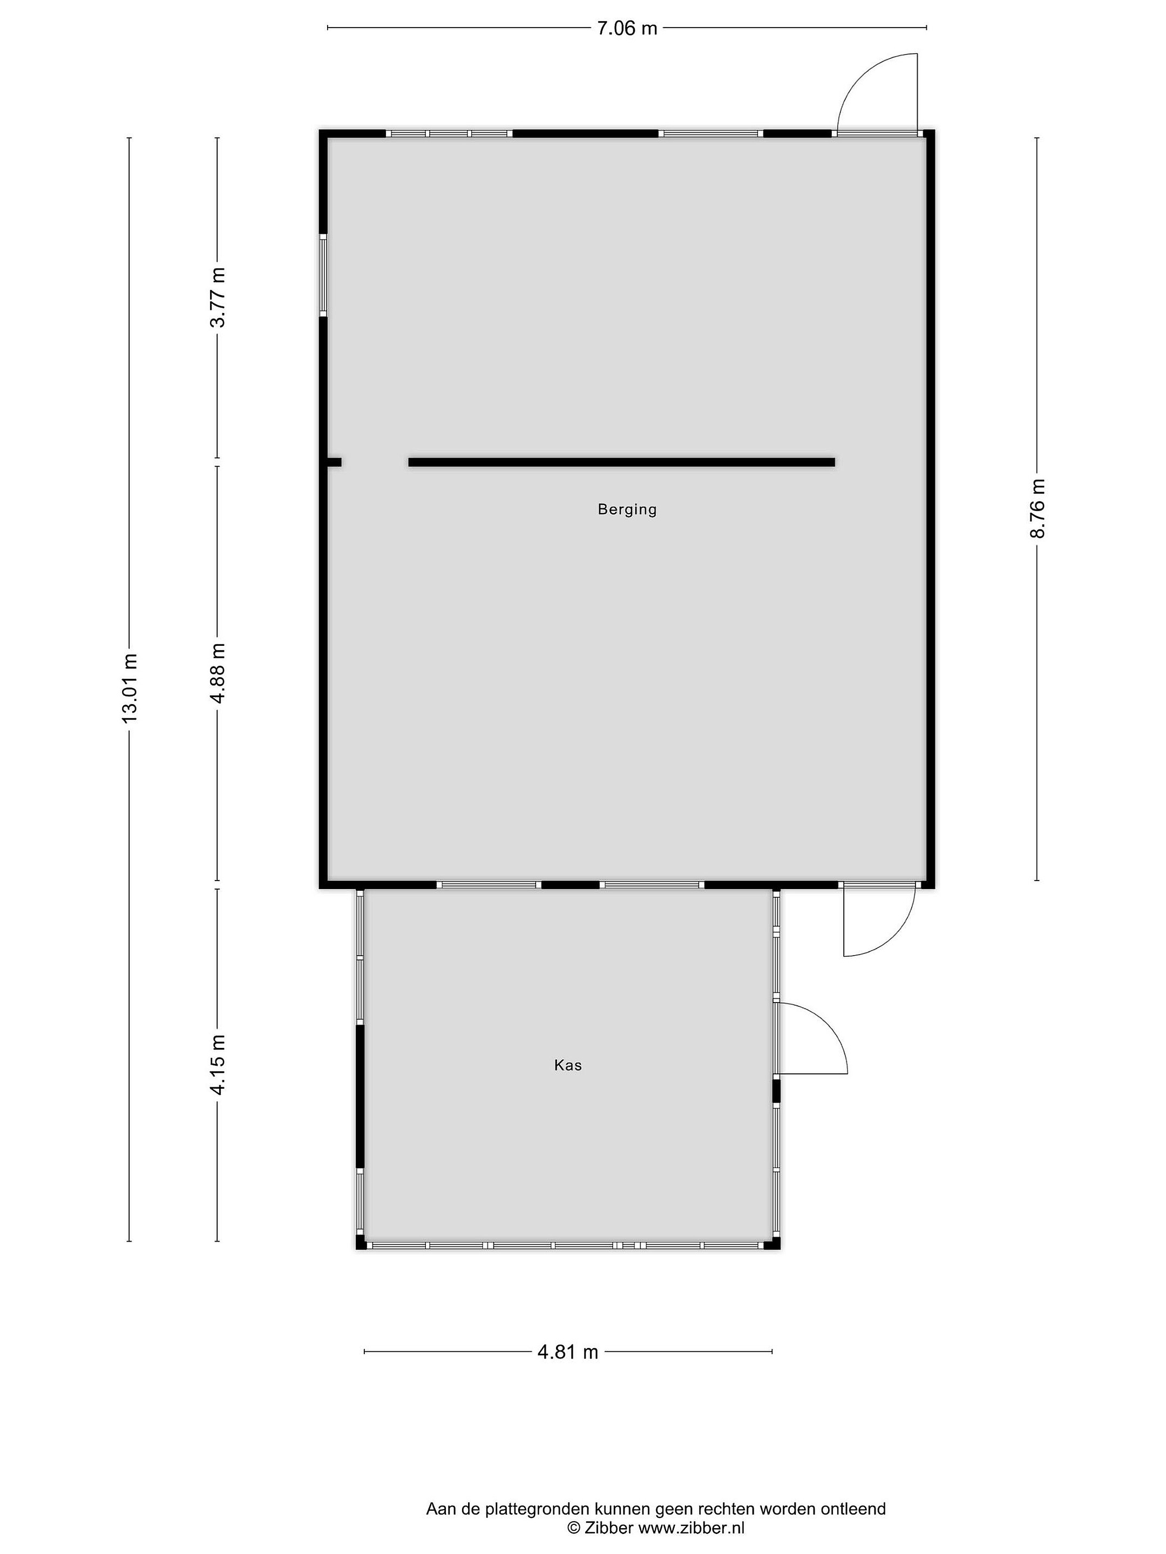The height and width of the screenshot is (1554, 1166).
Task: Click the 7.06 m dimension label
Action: (627, 28)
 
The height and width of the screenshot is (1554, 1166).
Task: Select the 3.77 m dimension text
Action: (218, 297)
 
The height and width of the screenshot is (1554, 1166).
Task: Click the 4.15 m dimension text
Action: (218, 1065)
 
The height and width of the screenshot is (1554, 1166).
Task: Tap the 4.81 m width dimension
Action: (568, 1352)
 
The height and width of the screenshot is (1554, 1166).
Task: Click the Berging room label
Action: (627, 509)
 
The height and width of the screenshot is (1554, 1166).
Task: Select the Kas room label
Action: (568, 1065)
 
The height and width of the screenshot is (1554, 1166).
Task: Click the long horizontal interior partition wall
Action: (621, 462)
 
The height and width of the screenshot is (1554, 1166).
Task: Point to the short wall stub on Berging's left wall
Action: (334, 462)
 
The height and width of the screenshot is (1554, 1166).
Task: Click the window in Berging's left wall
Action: (323, 275)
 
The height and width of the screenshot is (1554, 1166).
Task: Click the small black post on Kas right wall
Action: (777, 1091)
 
